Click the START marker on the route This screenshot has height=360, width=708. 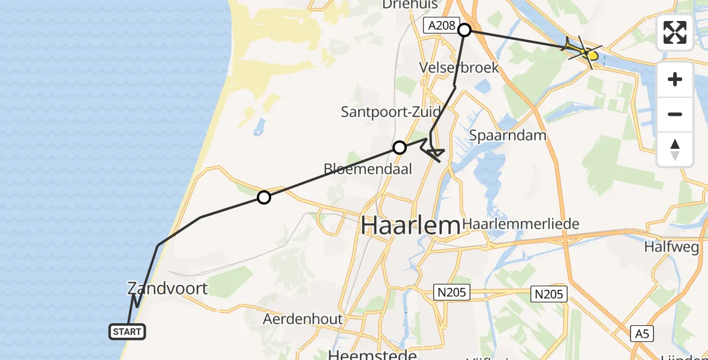(127, 331)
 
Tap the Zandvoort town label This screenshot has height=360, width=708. (167, 288)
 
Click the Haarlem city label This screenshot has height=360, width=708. (410, 226)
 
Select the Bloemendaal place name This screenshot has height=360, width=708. (368, 169)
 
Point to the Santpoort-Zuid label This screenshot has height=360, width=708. (391, 112)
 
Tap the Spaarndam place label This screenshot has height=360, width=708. (508, 135)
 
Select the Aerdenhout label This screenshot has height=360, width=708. (302, 319)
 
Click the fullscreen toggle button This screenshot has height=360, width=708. (675, 32)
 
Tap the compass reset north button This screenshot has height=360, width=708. (675, 149)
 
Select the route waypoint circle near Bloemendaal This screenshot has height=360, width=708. (400, 148)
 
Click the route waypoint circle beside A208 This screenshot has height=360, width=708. (464, 29)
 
